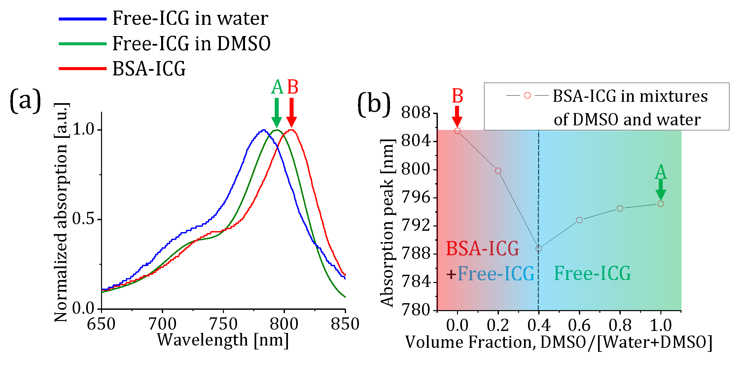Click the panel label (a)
25,101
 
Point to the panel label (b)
374,104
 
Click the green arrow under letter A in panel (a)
277,113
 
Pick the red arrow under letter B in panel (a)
291,113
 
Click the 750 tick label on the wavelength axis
223,324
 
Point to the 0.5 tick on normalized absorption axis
84,219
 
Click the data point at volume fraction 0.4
539,248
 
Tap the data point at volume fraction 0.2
498,171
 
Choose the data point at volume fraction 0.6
579,220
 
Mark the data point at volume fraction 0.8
620,208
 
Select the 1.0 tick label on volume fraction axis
660,325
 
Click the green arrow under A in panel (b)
660,189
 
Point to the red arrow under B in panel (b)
457,116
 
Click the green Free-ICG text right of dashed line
592,273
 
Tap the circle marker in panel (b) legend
527,96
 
